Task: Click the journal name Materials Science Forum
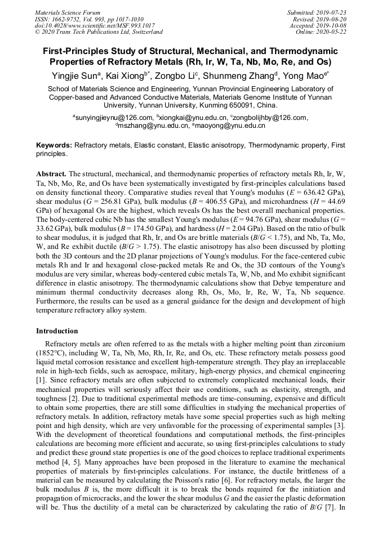point(68,12)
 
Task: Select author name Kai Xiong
point(125,74)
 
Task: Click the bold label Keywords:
point(54,145)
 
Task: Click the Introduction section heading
point(57,331)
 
